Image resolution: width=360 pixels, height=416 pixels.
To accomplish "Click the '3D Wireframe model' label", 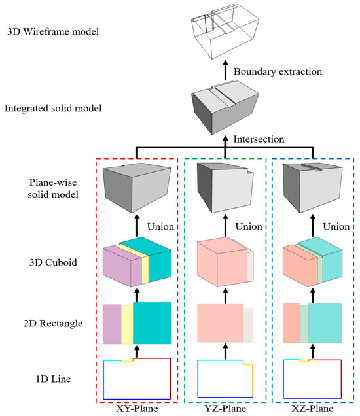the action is point(53,32).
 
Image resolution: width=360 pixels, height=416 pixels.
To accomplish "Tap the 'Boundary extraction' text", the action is point(278,72).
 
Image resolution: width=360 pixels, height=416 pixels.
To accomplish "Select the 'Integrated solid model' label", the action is point(53,108).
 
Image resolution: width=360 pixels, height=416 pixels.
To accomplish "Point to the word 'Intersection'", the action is point(259,139).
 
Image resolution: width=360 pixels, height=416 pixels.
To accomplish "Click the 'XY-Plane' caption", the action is point(137,409).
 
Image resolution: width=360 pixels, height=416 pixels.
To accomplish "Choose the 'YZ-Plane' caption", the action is point(225,409).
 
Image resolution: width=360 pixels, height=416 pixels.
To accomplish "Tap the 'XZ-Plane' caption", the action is point(312,409).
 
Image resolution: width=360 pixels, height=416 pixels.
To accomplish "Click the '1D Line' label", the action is point(54,379).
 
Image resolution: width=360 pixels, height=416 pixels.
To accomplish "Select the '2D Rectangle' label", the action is point(53,323).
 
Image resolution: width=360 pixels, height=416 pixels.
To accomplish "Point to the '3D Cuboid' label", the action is point(53,262).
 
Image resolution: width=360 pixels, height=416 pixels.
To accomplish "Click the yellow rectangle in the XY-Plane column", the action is point(127,324).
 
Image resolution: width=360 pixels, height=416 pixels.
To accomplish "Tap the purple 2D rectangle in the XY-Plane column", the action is point(112,324).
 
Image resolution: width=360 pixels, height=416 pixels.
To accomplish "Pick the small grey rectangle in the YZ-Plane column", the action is point(249,325).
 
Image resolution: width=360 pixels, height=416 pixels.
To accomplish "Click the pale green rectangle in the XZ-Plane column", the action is point(304,324).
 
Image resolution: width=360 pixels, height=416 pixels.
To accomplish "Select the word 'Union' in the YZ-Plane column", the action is point(249,226).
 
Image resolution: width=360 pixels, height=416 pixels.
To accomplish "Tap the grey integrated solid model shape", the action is point(225,107).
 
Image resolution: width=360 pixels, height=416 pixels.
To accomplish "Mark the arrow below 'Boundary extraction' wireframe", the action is point(225,70).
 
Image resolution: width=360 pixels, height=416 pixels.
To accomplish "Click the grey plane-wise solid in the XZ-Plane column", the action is point(312,188).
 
